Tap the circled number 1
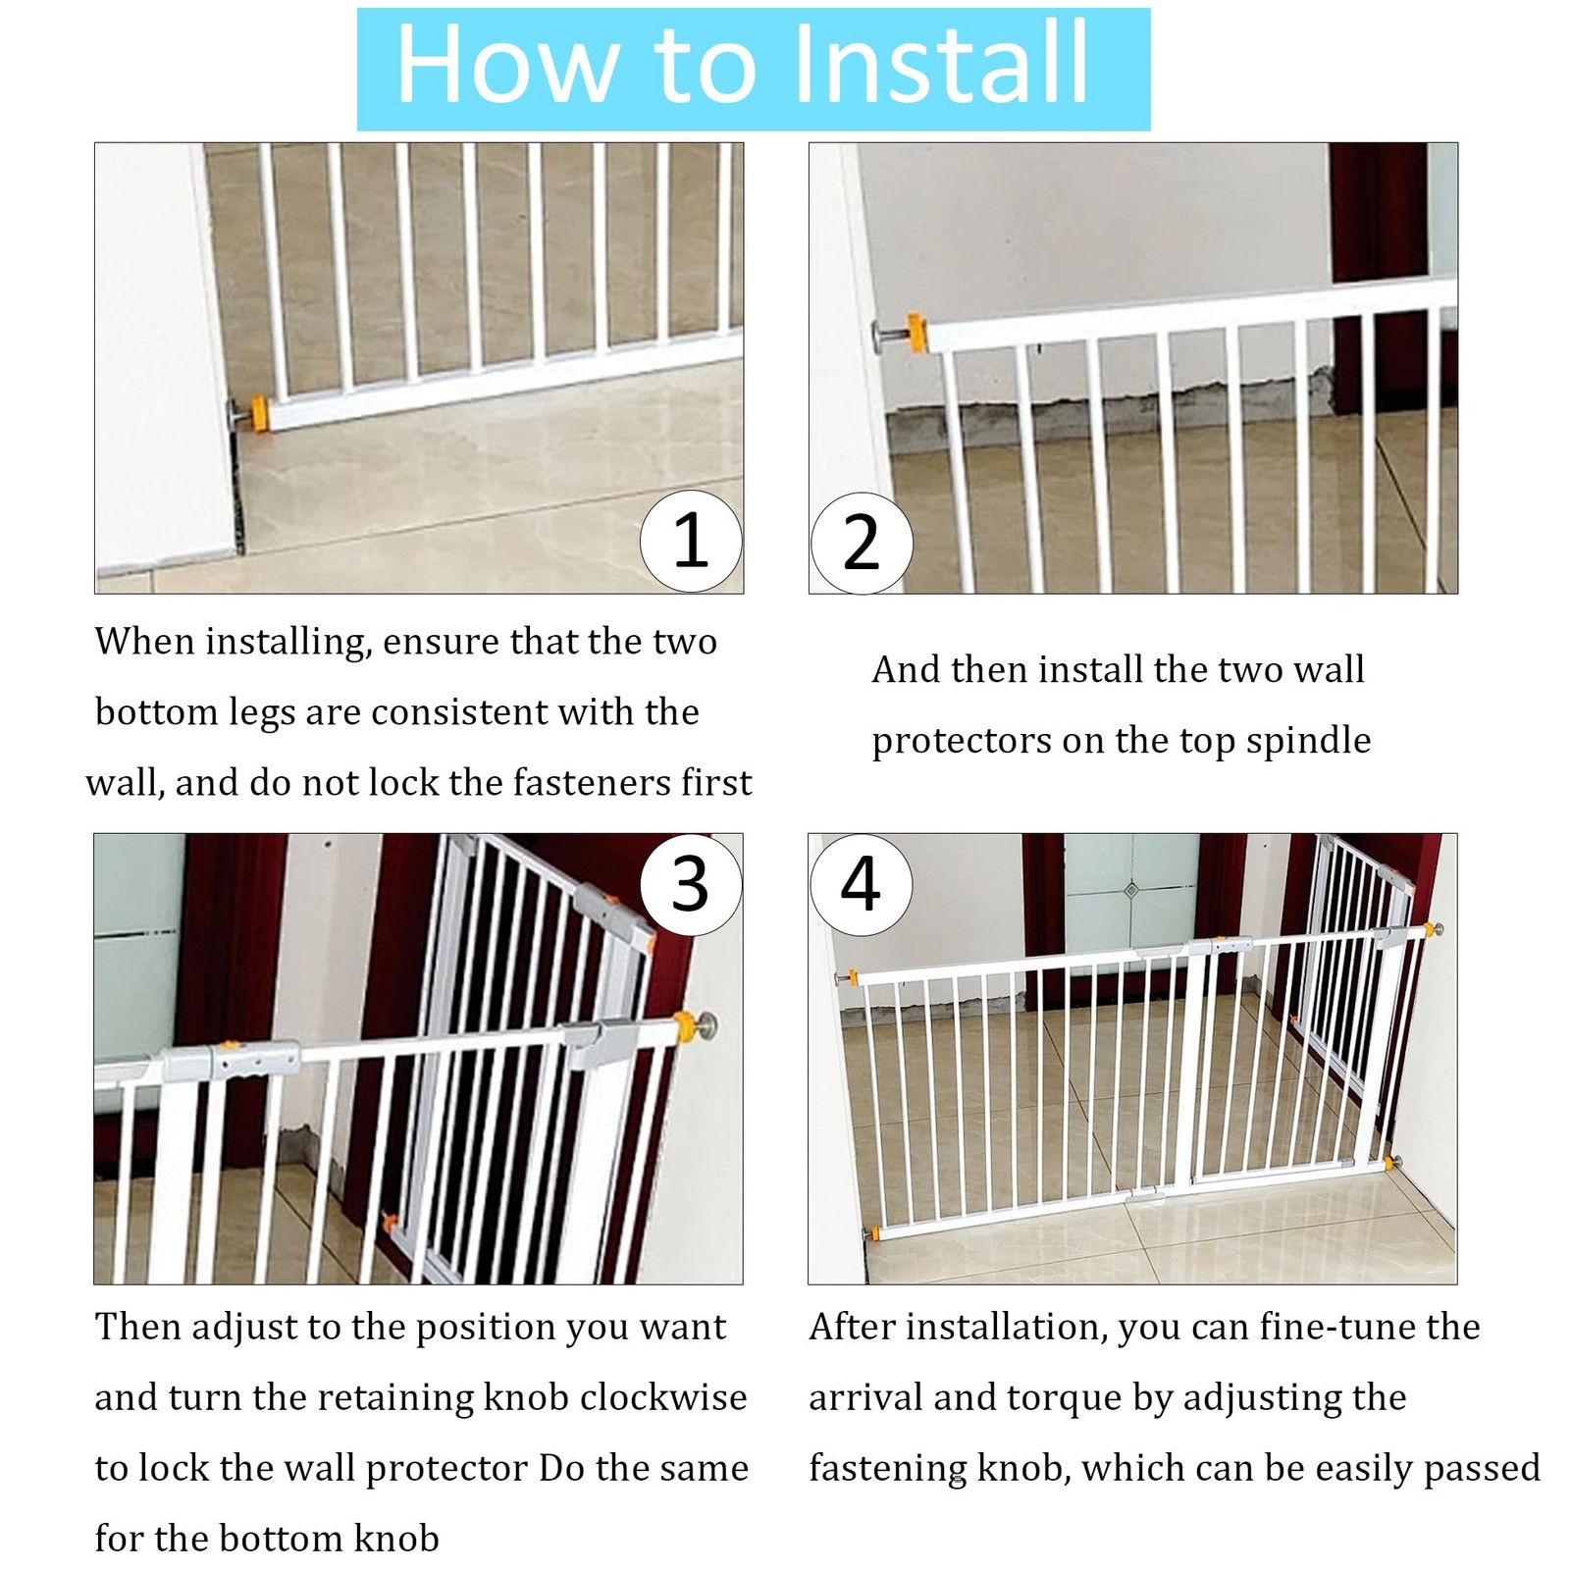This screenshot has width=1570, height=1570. pyautogui.click(x=691, y=542)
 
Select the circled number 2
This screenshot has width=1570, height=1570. pyautogui.click(x=862, y=543)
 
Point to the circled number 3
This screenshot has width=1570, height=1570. pyautogui.click(x=691, y=884)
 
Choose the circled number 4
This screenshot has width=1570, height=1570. pyautogui.click(x=861, y=884)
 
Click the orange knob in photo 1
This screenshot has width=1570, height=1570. pyautogui.click(x=259, y=412)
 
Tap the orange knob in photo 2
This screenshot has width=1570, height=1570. pyautogui.click(x=916, y=333)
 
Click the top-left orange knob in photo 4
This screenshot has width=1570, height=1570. pyautogui.click(x=852, y=978)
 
